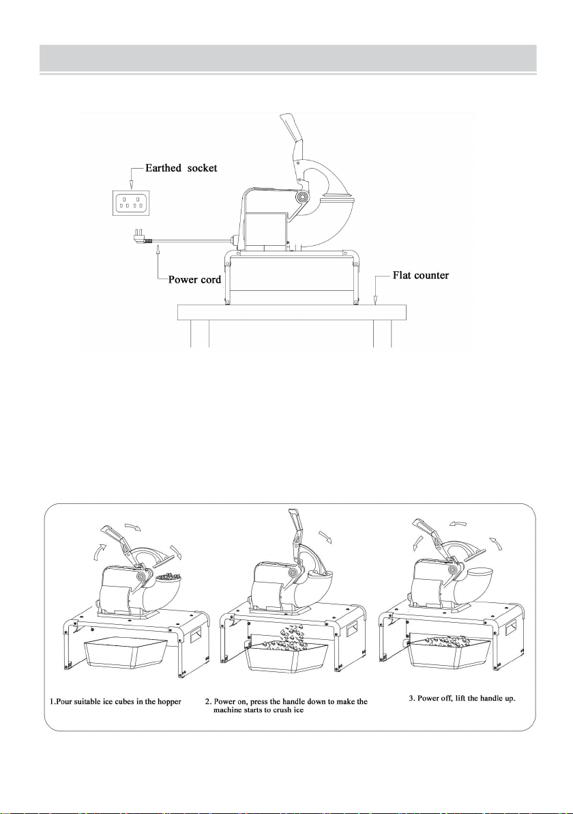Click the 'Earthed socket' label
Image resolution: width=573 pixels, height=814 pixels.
pyautogui.click(x=181, y=168)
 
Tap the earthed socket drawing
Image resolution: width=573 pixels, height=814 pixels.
pyautogui.click(x=131, y=203)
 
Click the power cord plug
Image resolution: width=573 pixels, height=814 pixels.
pyautogui.click(x=142, y=238)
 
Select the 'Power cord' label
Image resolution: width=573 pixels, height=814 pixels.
pyautogui.click(x=194, y=280)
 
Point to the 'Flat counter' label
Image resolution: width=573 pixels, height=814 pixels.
pyautogui.click(x=421, y=275)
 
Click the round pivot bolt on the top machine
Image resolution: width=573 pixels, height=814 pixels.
pyautogui.click(x=302, y=197)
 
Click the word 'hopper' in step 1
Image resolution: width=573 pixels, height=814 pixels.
pyautogui.click(x=170, y=701)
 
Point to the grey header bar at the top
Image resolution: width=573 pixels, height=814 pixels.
pyautogui.click(x=289, y=58)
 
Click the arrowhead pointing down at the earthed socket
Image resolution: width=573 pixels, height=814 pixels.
pyautogui.click(x=131, y=184)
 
